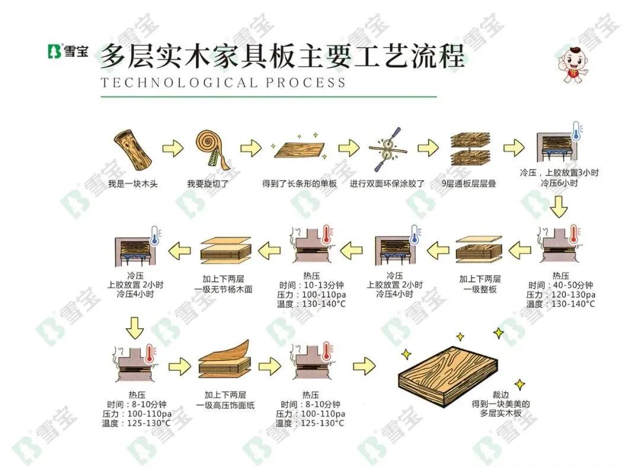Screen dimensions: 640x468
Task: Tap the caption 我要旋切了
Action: point(208,184)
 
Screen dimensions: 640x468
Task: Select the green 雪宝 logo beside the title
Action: point(68,51)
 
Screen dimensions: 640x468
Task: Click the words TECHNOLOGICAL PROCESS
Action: point(223,83)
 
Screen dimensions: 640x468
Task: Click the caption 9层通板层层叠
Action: point(469,184)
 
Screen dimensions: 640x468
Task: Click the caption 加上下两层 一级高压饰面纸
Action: point(225,400)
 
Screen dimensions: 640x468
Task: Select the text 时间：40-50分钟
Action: point(561,285)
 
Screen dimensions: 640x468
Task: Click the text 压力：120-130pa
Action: point(561,294)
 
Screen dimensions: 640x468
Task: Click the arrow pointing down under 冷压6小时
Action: point(558,207)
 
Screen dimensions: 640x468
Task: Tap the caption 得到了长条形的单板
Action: point(300,184)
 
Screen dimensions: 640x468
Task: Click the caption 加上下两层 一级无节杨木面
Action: point(223,284)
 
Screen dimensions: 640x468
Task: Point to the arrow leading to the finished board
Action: point(364,366)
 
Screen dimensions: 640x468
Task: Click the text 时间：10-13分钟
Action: point(312,285)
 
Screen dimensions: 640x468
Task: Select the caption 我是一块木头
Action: point(133,184)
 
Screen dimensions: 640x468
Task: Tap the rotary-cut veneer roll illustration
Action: point(212,150)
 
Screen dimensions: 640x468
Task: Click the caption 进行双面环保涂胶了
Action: point(388,184)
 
